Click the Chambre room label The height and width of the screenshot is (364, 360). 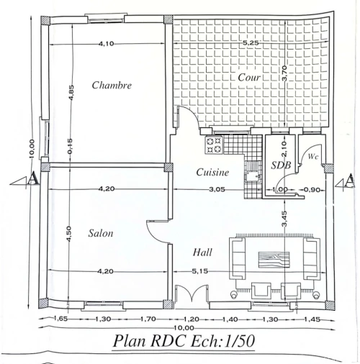pos(112,85)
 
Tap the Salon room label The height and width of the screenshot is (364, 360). pos(101,233)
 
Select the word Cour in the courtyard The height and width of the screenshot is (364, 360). pos(249,77)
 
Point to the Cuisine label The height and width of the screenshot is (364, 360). pos(212,172)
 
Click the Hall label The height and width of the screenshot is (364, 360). pos(202,252)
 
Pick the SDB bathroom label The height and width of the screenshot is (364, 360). pos(281,165)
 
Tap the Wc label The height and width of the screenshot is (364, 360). pos(313,156)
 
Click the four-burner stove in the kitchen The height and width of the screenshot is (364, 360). pos(214,145)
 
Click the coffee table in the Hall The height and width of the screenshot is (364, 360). pos(274,259)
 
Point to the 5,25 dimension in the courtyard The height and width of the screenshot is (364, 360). pos(251,43)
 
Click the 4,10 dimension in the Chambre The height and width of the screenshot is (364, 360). pos(106,44)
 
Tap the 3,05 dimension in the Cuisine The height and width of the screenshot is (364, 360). pos(217,189)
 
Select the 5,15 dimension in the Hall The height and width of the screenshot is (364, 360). pos(199,271)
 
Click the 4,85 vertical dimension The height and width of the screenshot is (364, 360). pos(71,93)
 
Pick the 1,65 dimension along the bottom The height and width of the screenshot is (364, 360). pos(60,319)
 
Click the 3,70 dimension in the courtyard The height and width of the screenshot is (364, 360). pos(284,73)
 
